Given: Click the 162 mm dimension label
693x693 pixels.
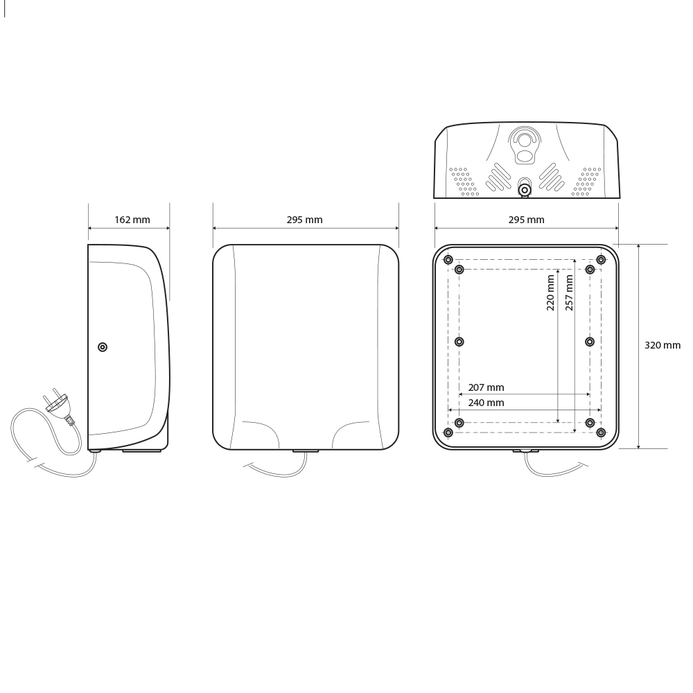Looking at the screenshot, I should click(132, 220).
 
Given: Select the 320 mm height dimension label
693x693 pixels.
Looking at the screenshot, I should click(663, 345).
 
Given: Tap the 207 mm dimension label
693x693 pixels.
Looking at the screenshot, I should click(486, 387).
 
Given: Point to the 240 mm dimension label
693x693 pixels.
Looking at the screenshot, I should click(486, 403).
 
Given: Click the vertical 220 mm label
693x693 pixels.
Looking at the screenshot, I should click(551, 292).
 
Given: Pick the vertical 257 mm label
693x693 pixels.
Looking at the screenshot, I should click(569, 292).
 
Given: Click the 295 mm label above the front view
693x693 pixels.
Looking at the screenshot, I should click(304, 220).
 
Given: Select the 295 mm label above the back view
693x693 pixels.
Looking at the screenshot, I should click(526, 220).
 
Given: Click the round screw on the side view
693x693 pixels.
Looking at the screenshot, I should click(103, 346).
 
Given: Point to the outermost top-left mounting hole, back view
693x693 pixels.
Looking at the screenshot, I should click(448, 260).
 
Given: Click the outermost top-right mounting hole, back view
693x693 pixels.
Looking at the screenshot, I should click(601, 260).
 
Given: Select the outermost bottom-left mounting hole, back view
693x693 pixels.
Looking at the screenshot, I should click(448, 432).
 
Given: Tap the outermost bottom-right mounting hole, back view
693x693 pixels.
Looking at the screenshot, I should click(601, 432).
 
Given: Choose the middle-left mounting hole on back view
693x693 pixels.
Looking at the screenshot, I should click(459, 342).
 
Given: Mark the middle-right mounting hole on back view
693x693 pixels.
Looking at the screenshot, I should click(590, 342).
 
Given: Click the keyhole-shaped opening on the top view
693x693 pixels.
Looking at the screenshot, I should click(525, 146).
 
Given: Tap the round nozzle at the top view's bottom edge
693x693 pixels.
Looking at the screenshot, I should click(525, 189).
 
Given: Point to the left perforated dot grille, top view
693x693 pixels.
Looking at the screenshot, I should click(464, 180).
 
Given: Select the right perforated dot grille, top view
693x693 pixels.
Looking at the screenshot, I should click(586, 180).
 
